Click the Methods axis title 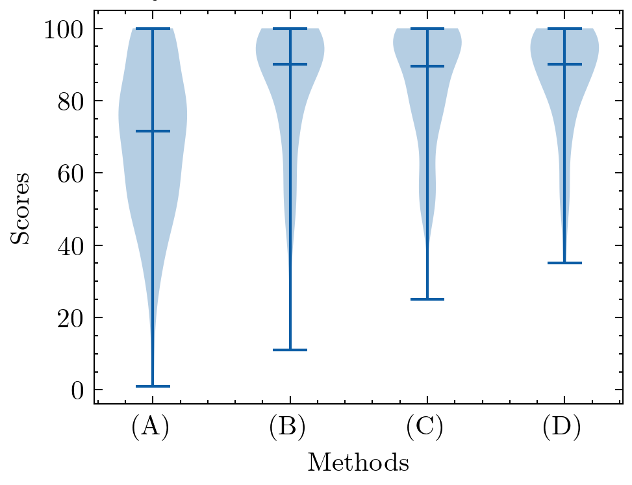pos(358,463)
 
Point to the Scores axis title pos(21,208)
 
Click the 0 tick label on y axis pos(77,390)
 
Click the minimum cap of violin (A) pos(153,386)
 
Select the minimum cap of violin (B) pos(290,350)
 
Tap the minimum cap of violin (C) pos(427,299)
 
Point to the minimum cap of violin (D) pos(564,263)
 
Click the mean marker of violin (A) pos(153,131)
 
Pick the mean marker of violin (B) pos(290,64)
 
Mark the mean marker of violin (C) pos(427,66)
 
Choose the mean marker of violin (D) pos(564,64)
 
